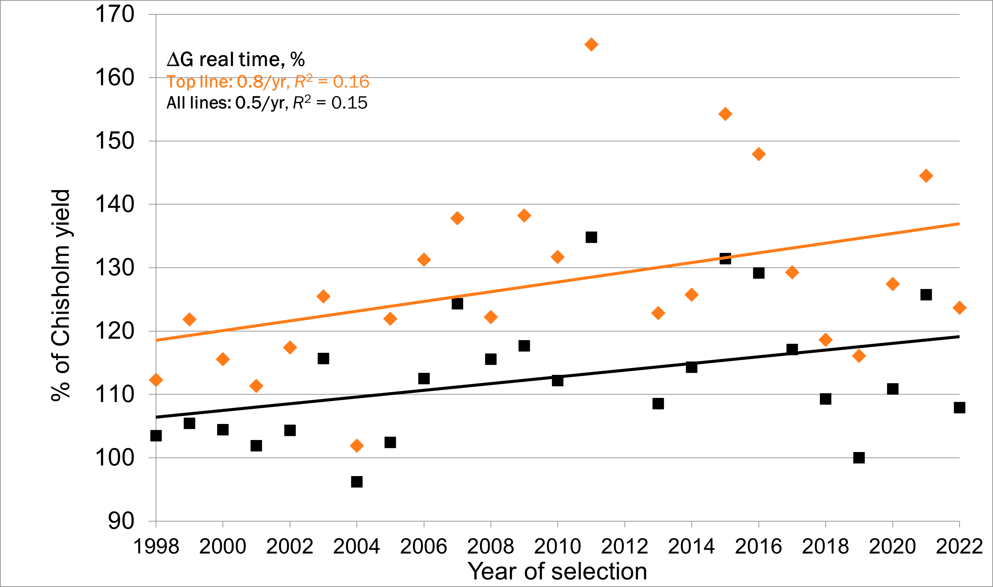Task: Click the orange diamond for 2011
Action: click(591, 45)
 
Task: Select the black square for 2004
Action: click(357, 481)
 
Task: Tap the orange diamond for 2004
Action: click(357, 446)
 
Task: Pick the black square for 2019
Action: click(859, 458)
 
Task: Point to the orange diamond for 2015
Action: click(725, 114)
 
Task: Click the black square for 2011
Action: click(591, 237)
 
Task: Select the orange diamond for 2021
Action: click(926, 176)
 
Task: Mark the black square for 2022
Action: click(959, 407)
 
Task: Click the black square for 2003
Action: click(323, 358)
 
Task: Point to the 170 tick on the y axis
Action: click(115, 14)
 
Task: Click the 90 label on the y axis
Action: click(121, 521)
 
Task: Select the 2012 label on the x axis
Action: click(624, 546)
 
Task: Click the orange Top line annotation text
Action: click(268, 82)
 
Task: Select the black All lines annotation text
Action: click(267, 103)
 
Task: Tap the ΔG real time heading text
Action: click(236, 59)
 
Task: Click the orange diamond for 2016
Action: click(758, 154)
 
